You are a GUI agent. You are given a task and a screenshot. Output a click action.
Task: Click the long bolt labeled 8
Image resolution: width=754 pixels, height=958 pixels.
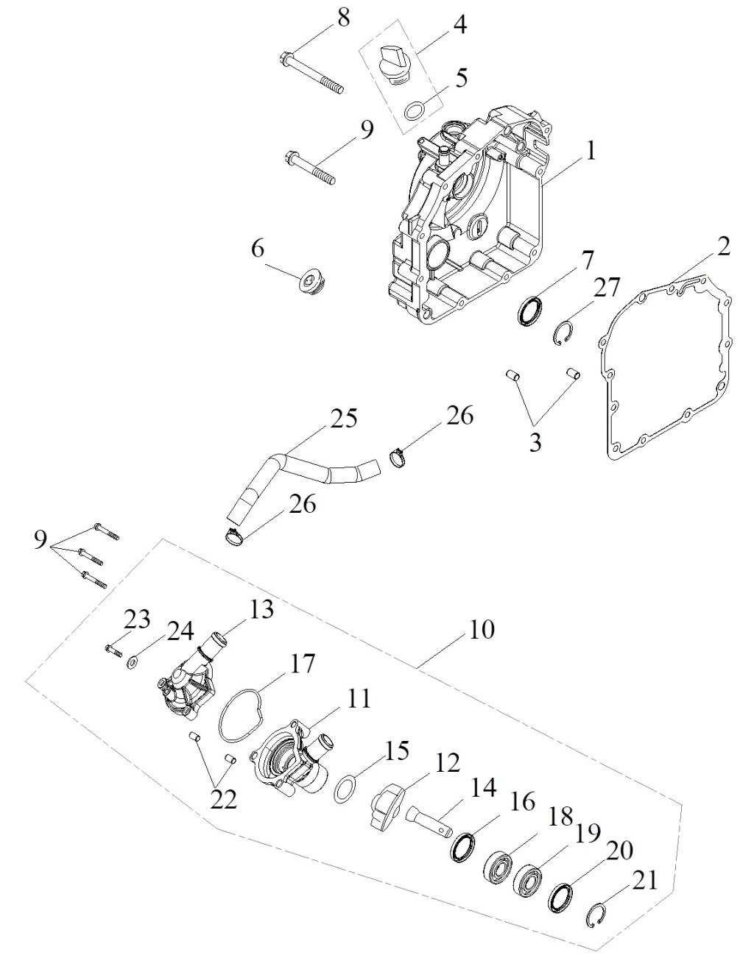coord(312,73)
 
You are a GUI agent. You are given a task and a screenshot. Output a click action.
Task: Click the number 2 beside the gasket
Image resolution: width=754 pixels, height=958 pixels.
coord(724,246)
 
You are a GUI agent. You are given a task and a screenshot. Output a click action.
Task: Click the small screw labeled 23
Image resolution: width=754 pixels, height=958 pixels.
coord(113,650)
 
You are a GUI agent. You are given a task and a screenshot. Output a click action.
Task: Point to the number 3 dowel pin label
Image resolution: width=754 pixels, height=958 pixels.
coord(535,443)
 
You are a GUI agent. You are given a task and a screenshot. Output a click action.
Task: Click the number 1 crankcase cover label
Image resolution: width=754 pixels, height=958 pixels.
coord(590,151)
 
